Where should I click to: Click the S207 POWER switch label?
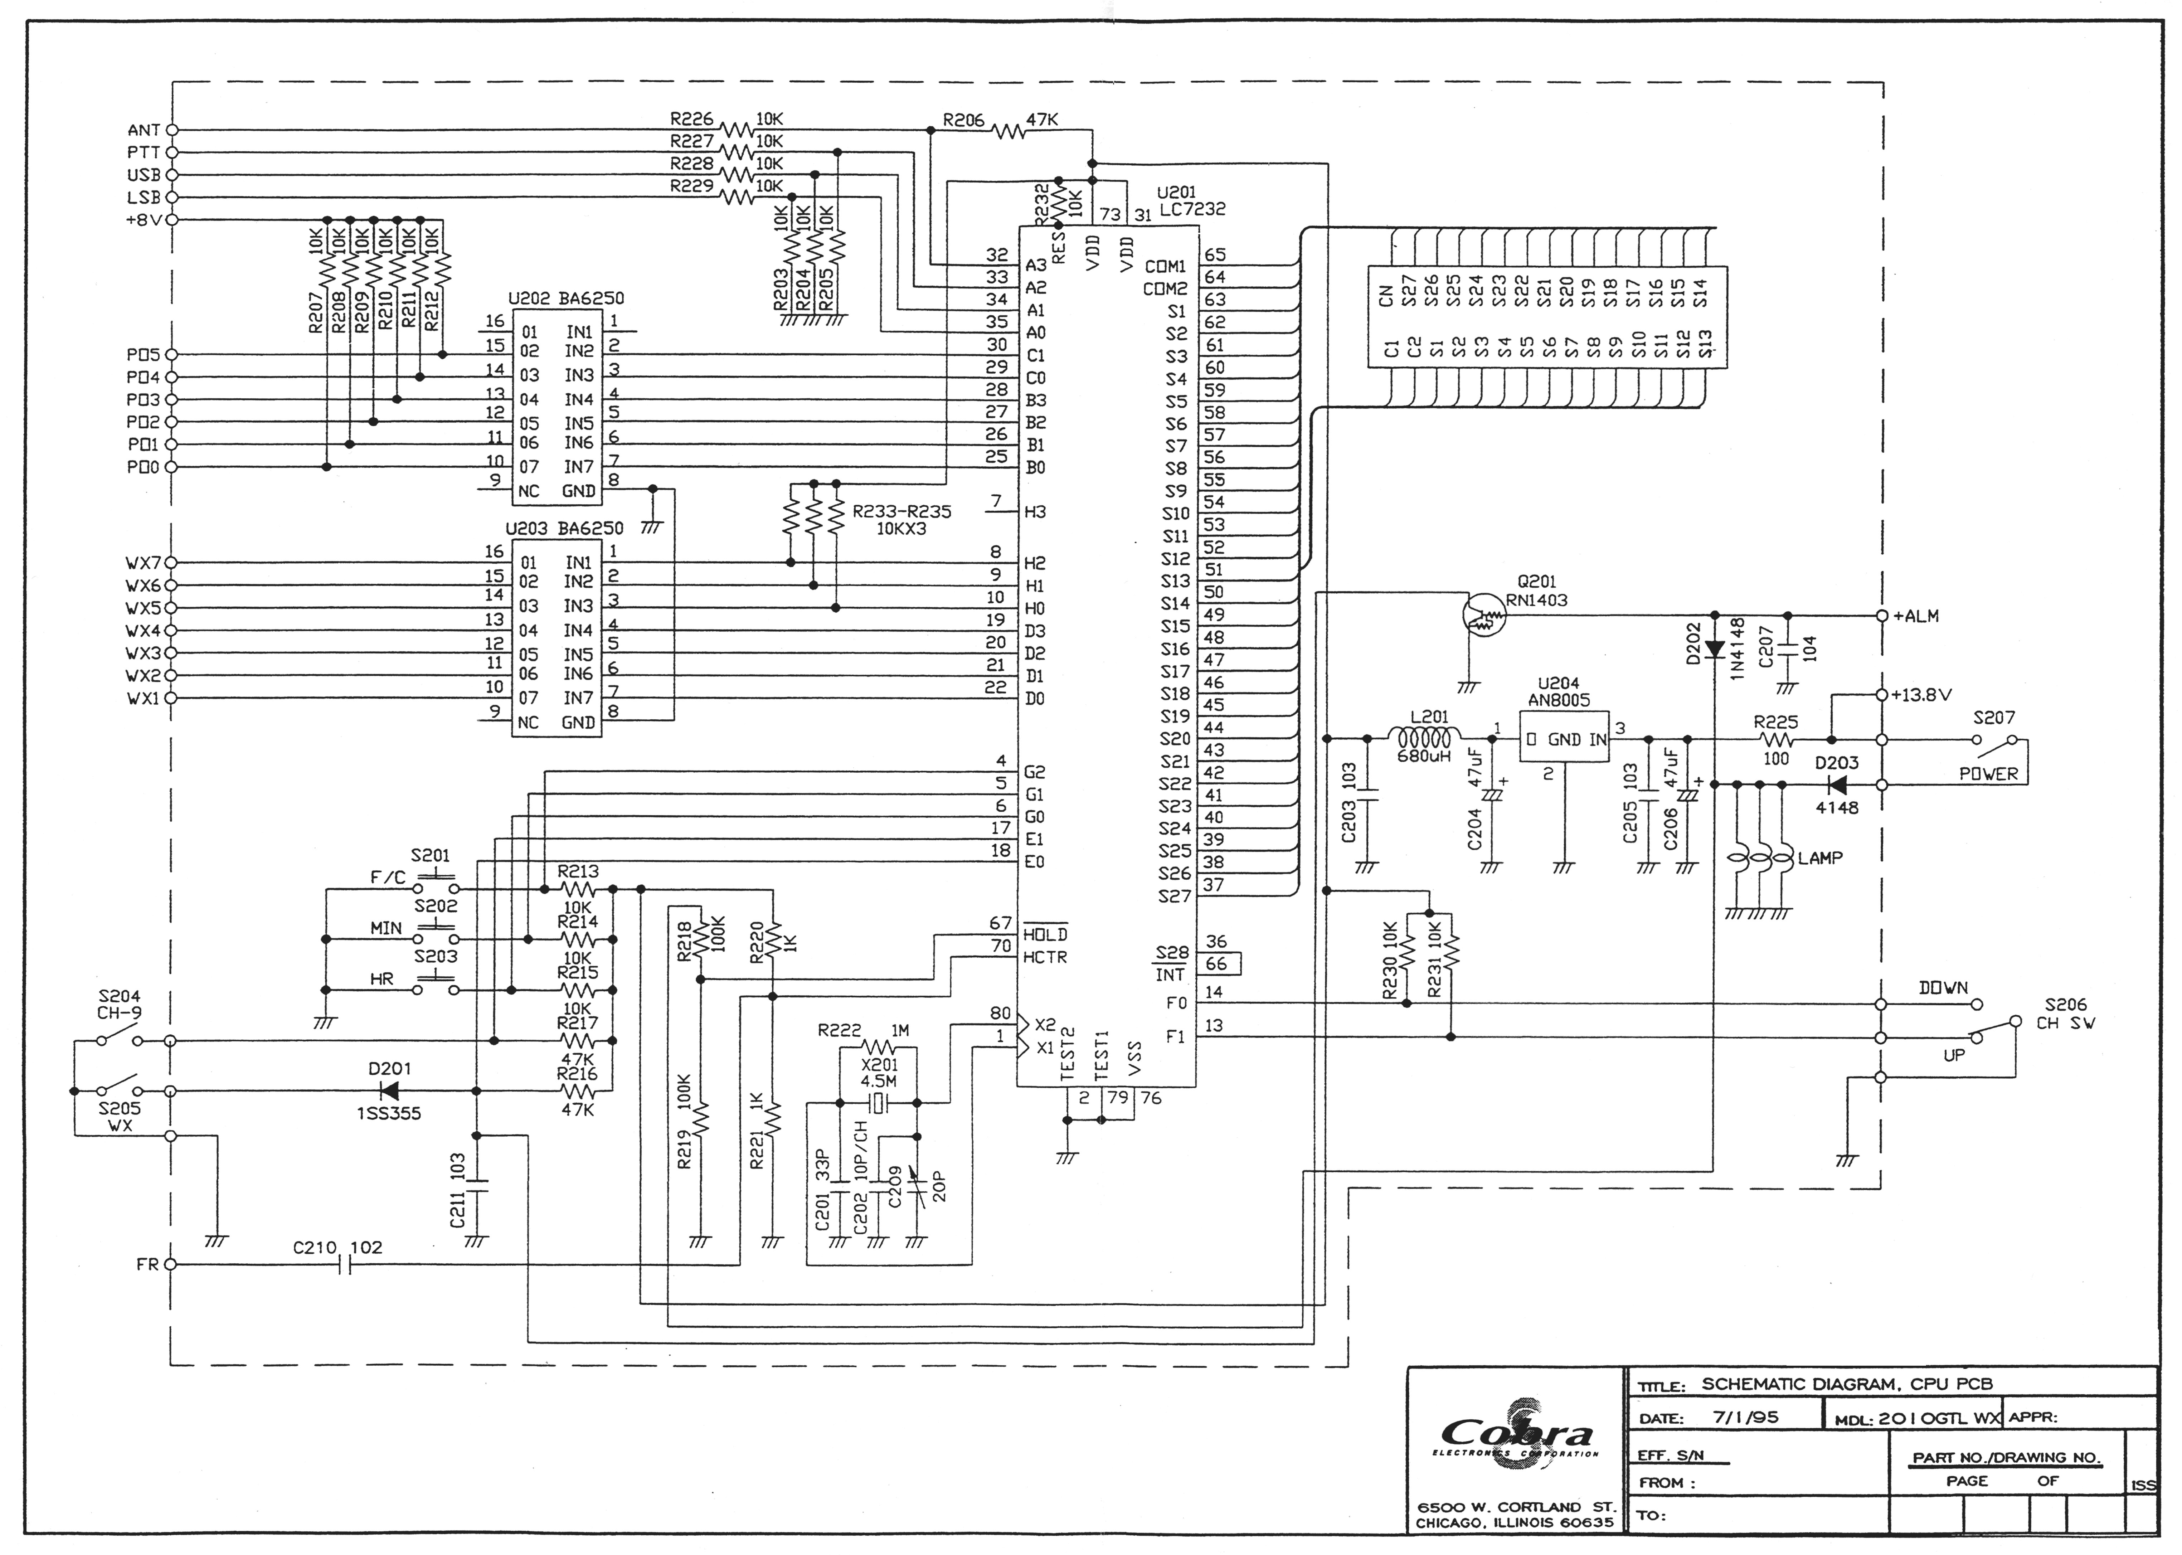tap(1989, 774)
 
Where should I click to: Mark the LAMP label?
tap(1819, 858)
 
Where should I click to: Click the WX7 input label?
tap(143, 563)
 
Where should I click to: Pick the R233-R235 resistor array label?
tap(901, 520)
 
